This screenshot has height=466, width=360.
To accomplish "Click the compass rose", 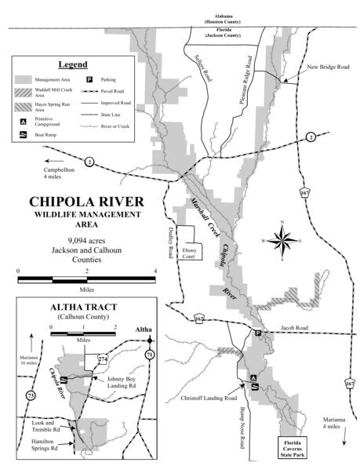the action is (283, 242).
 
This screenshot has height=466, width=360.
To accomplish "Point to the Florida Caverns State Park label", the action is (299, 448).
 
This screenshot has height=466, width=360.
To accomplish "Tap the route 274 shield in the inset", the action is (102, 359).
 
